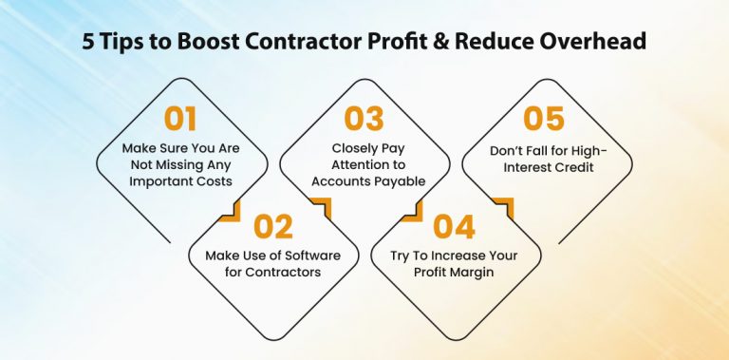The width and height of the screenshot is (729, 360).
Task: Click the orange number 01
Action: (x=180, y=119)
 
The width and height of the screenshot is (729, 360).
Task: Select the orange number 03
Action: (x=364, y=119)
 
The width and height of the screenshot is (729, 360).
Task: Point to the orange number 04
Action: (x=455, y=227)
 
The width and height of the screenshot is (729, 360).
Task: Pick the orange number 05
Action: (x=544, y=119)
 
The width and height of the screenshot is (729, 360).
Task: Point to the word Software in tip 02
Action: (x=290, y=255)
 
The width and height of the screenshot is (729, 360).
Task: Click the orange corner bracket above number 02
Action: (x=229, y=209)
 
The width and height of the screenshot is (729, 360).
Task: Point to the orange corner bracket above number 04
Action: (x=503, y=209)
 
